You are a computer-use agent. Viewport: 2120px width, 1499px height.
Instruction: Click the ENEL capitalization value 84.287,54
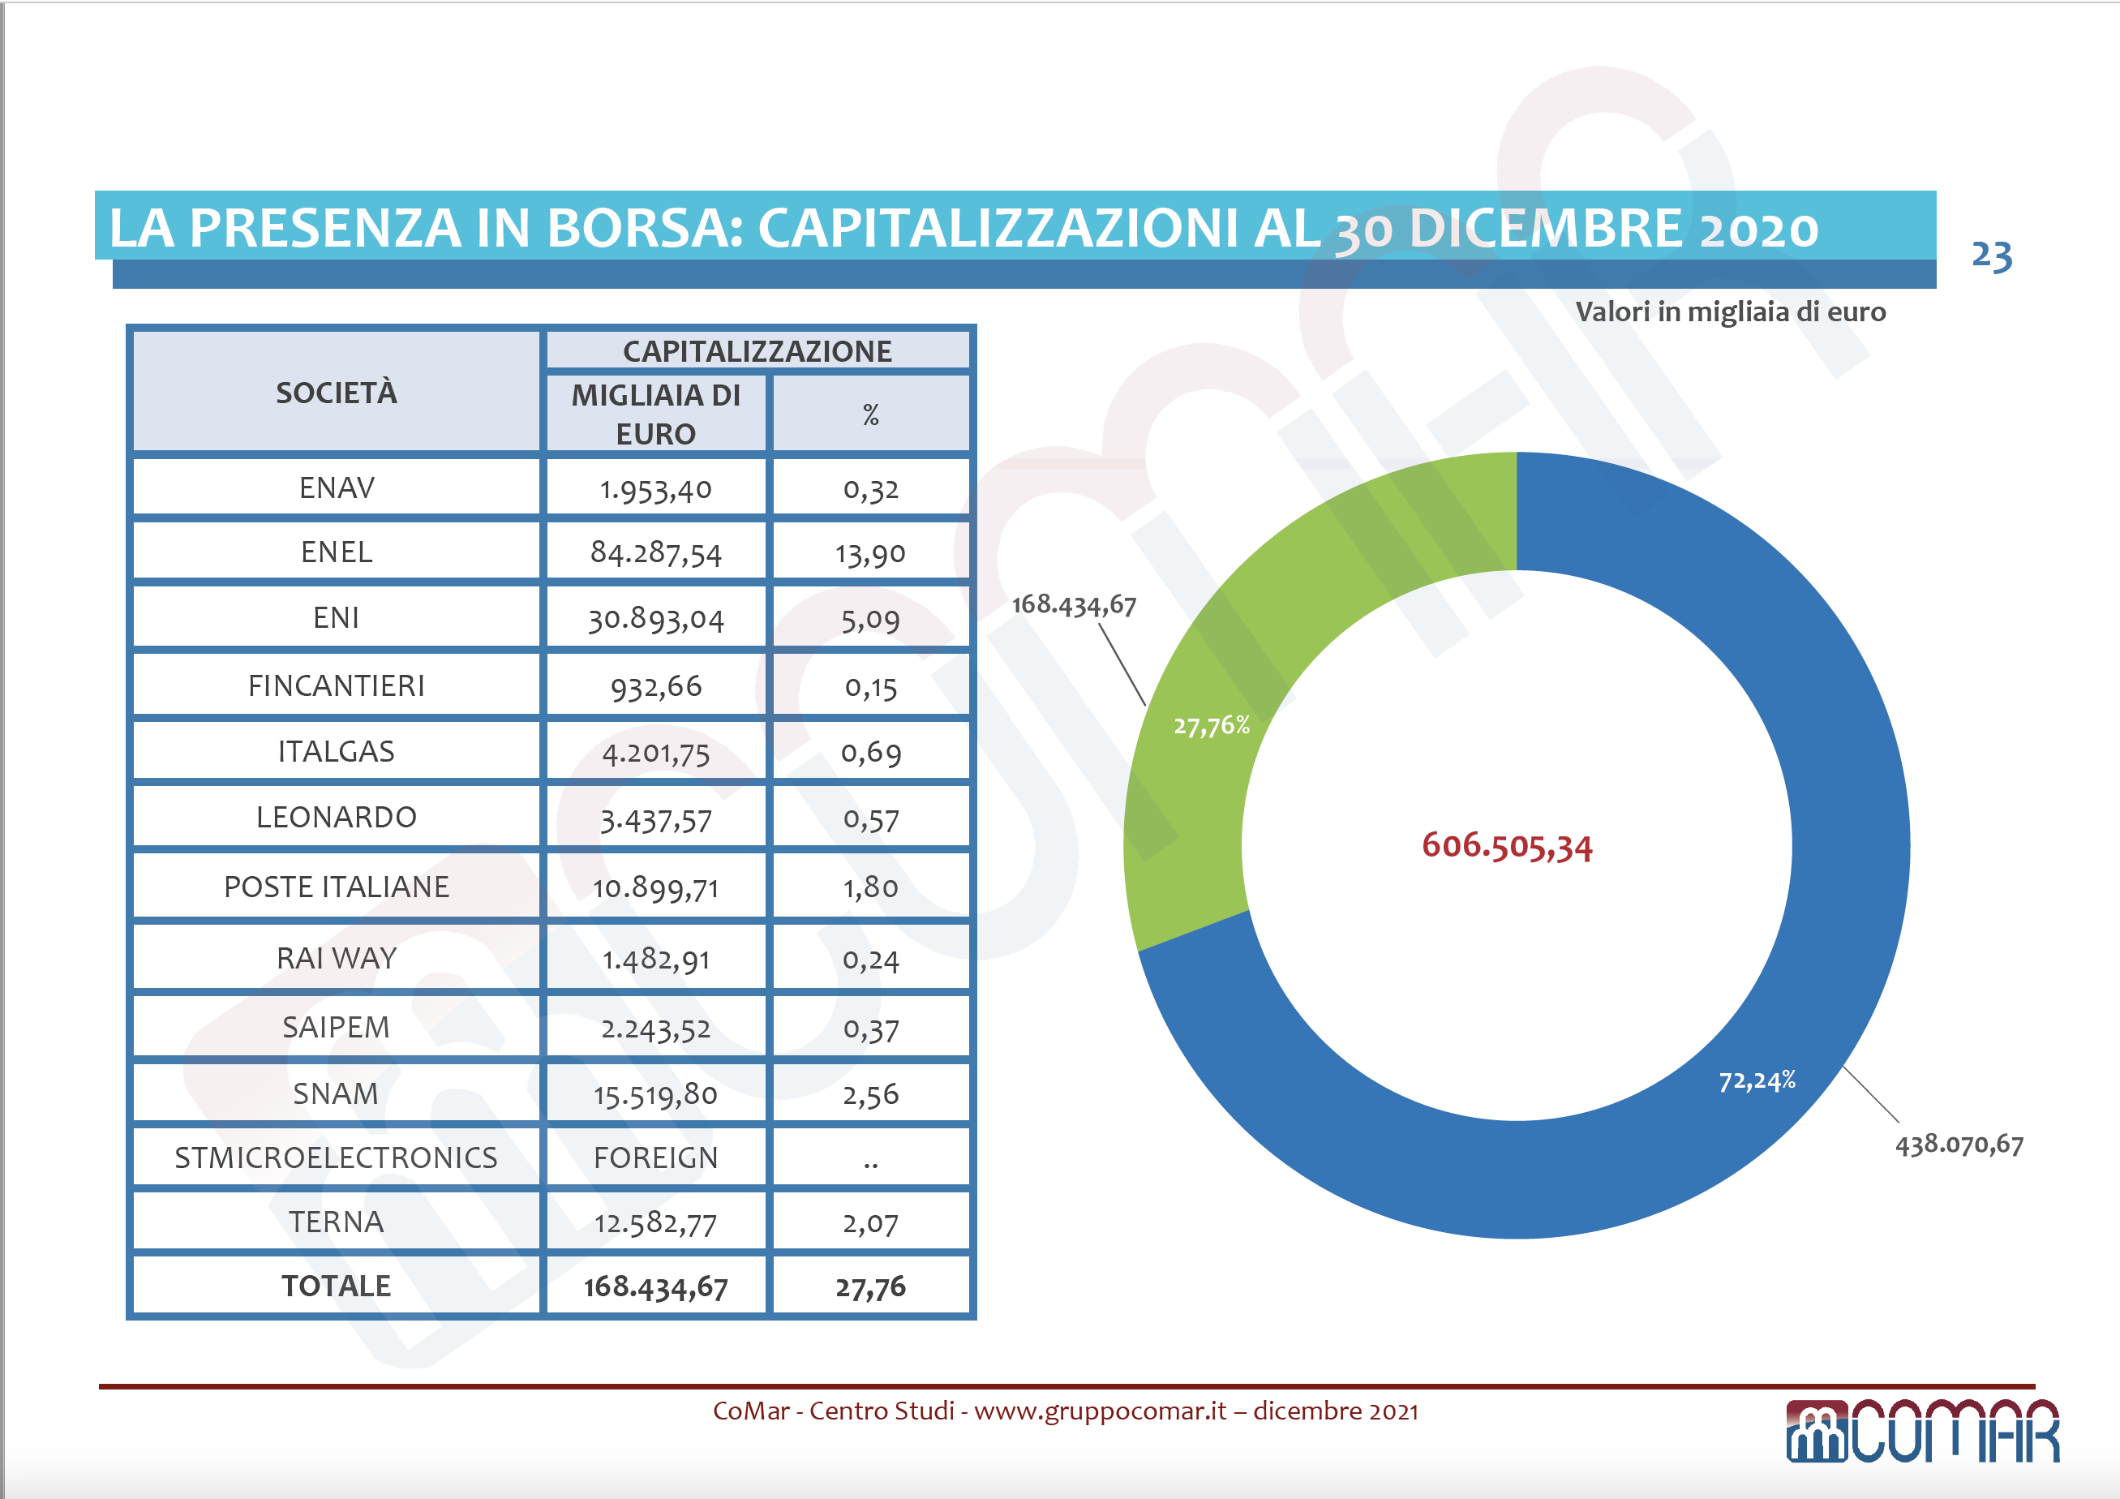click(655, 553)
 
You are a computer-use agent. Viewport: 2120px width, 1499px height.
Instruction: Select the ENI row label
click(336, 618)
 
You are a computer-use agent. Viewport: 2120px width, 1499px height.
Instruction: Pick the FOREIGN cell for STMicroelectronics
click(655, 1158)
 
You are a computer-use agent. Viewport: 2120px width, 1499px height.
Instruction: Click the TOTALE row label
click(336, 1286)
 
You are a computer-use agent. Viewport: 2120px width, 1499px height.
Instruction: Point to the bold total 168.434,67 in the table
click(655, 1286)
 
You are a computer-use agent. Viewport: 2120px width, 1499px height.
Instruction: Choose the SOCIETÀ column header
click(336, 393)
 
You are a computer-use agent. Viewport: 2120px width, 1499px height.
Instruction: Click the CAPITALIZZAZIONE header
click(757, 351)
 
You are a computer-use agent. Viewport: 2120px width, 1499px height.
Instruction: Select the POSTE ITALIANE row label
click(336, 887)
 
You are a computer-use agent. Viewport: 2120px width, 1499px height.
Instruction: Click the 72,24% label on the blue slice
click(1756, 1080)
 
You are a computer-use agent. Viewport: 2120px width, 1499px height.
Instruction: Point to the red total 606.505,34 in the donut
click(1507, 846)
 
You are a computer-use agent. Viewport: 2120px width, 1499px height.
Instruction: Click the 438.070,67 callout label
click(1959, 1145)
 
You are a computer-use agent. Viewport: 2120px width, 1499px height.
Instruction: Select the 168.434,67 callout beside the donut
click(1074, 605)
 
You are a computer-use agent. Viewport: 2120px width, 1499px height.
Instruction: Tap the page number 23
click(1991, 256)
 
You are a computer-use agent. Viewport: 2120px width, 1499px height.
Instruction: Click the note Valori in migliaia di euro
click(1729, 312)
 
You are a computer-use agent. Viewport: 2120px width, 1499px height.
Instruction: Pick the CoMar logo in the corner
click(1922, 1432)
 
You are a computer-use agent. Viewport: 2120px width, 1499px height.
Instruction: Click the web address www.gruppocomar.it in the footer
click(1100, 1411)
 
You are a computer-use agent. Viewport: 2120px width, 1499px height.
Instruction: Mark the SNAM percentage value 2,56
click(869, 1094)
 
